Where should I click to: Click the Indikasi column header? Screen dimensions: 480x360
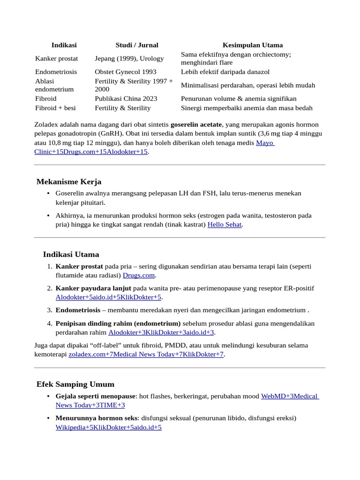64,45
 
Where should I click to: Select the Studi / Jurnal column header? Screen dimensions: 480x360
137,45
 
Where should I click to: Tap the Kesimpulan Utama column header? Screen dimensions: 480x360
252,45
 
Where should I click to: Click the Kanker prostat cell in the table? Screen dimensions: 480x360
56,59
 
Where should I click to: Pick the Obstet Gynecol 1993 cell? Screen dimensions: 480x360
126,72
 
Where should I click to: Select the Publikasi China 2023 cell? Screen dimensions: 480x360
126,98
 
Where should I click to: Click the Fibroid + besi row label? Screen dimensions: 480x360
55,108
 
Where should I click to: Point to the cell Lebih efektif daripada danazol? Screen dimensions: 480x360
225,72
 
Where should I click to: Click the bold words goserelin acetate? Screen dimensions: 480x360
196,125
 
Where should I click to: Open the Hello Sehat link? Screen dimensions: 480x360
225,225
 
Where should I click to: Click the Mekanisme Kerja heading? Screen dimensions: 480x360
69,182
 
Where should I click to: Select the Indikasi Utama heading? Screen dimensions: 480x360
71,255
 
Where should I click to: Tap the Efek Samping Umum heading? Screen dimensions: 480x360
75,384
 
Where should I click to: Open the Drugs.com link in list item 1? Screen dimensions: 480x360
139,275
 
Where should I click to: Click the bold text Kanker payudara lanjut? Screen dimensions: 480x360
93,288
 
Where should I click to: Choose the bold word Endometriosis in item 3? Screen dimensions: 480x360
78,310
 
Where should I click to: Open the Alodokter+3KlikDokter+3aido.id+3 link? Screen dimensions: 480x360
161,332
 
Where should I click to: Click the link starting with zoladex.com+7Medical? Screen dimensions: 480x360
146,354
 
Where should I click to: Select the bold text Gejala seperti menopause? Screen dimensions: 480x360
95,396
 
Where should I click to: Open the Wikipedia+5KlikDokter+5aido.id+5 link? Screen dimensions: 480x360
108,427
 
